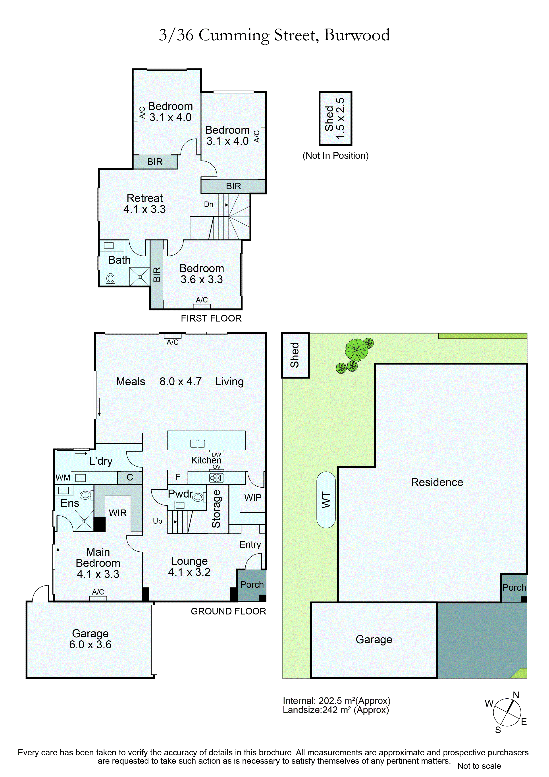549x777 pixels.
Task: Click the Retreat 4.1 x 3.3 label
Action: pyautogui.click(x=144, y=203)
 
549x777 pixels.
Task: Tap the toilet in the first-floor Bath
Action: pyautogui.click(x=110, y=279)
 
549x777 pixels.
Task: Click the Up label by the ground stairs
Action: pyautogui.click(x=158, y=521)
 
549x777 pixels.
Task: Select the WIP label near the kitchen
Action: pyautogui.click(x=253, y=498)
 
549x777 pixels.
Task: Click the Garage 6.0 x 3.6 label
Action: pyautogui.click(x=90, y=639)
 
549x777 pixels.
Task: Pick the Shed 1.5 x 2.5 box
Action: pyautogui.click(x=335, y=118)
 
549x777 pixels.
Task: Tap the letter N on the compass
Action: pyautogui.click(x=516, y=695)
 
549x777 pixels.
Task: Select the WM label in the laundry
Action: pyautogui.click(x=63, y=477)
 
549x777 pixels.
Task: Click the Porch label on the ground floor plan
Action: pyautogui.click(x=252, y=584)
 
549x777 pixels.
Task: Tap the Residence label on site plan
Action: pyautogui.click(x=437, y=482)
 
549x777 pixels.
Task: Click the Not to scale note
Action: pyautogui.click(x=479, y=766)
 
